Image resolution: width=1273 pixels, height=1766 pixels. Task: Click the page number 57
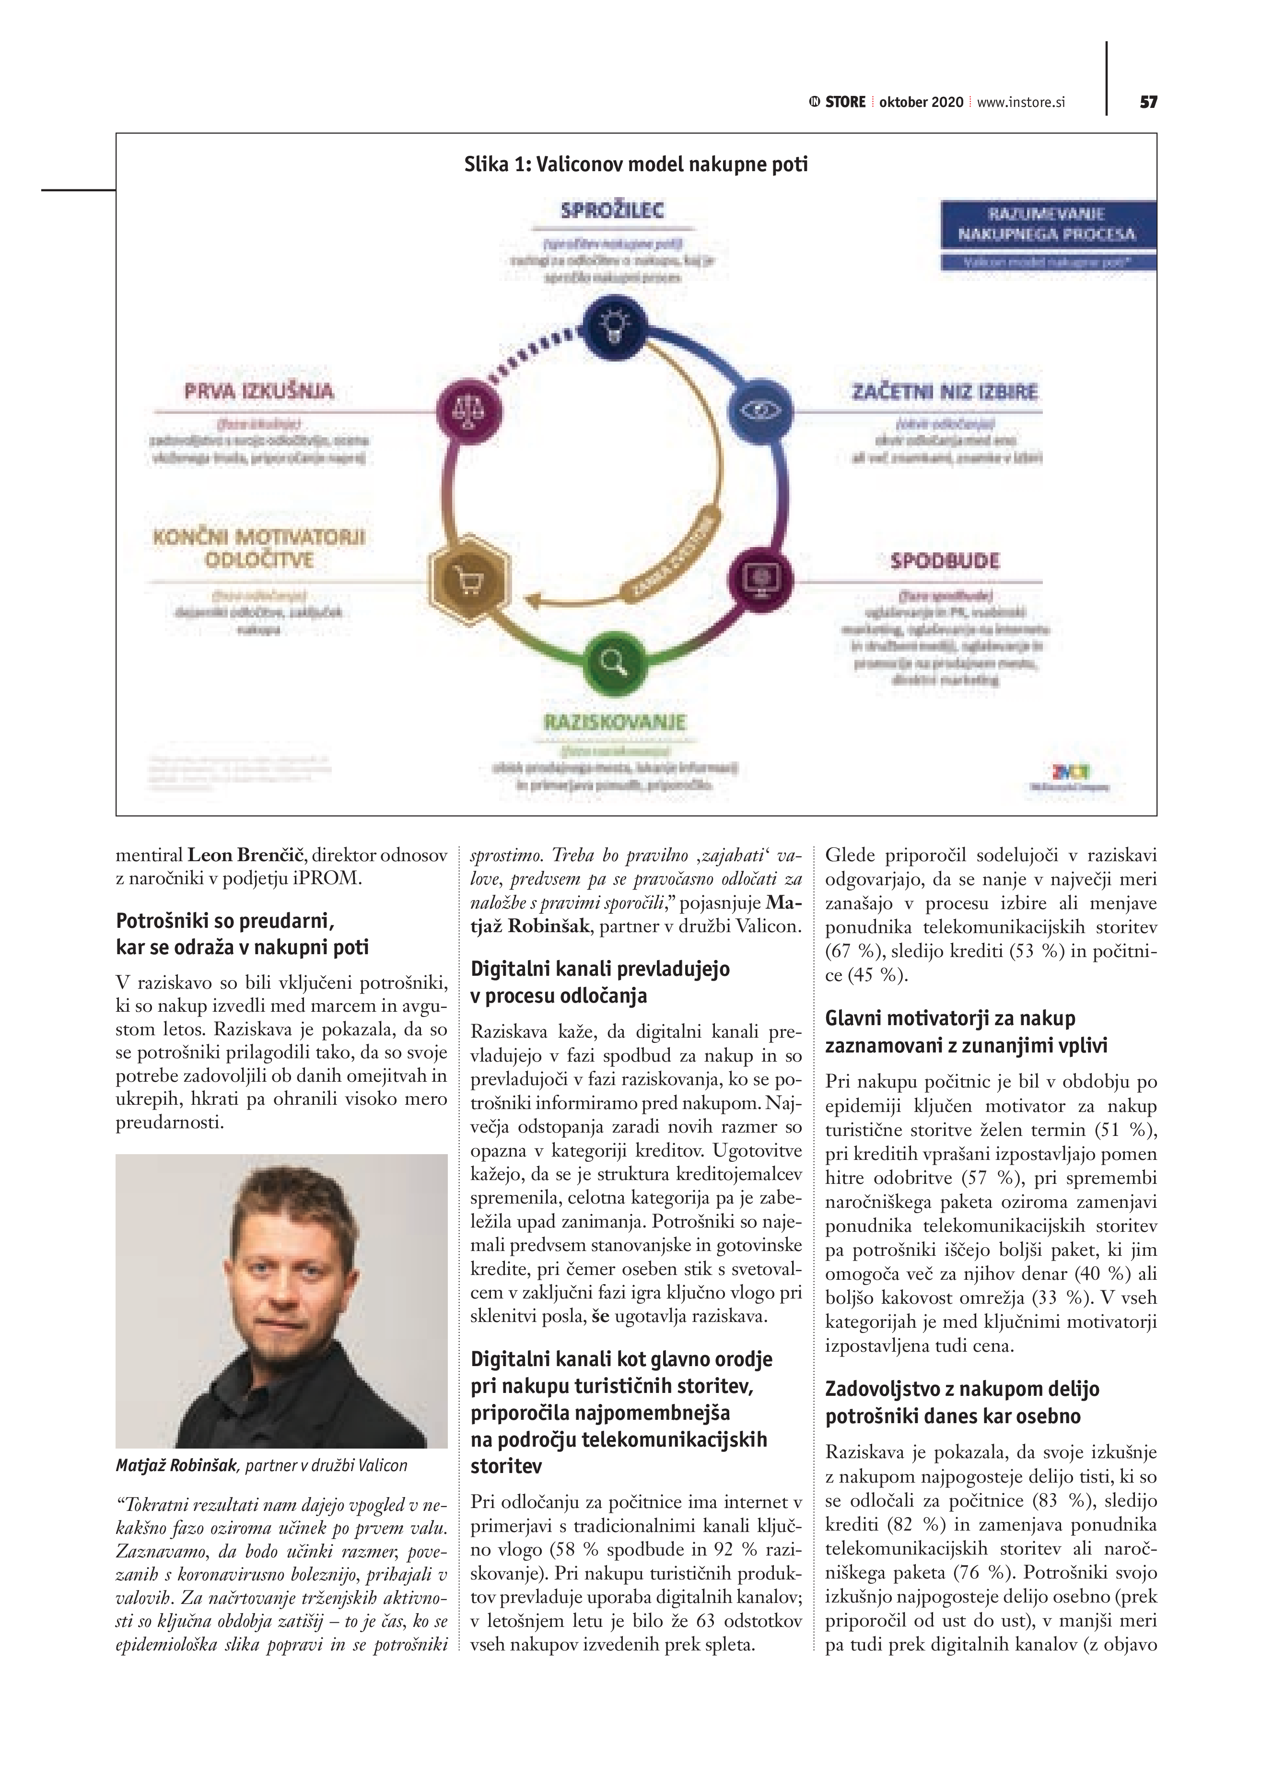1148,102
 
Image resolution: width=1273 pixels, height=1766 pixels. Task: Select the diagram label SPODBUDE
945,561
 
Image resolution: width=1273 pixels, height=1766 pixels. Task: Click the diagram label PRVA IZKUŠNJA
259,391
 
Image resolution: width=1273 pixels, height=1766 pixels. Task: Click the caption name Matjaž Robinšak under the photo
177,1465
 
